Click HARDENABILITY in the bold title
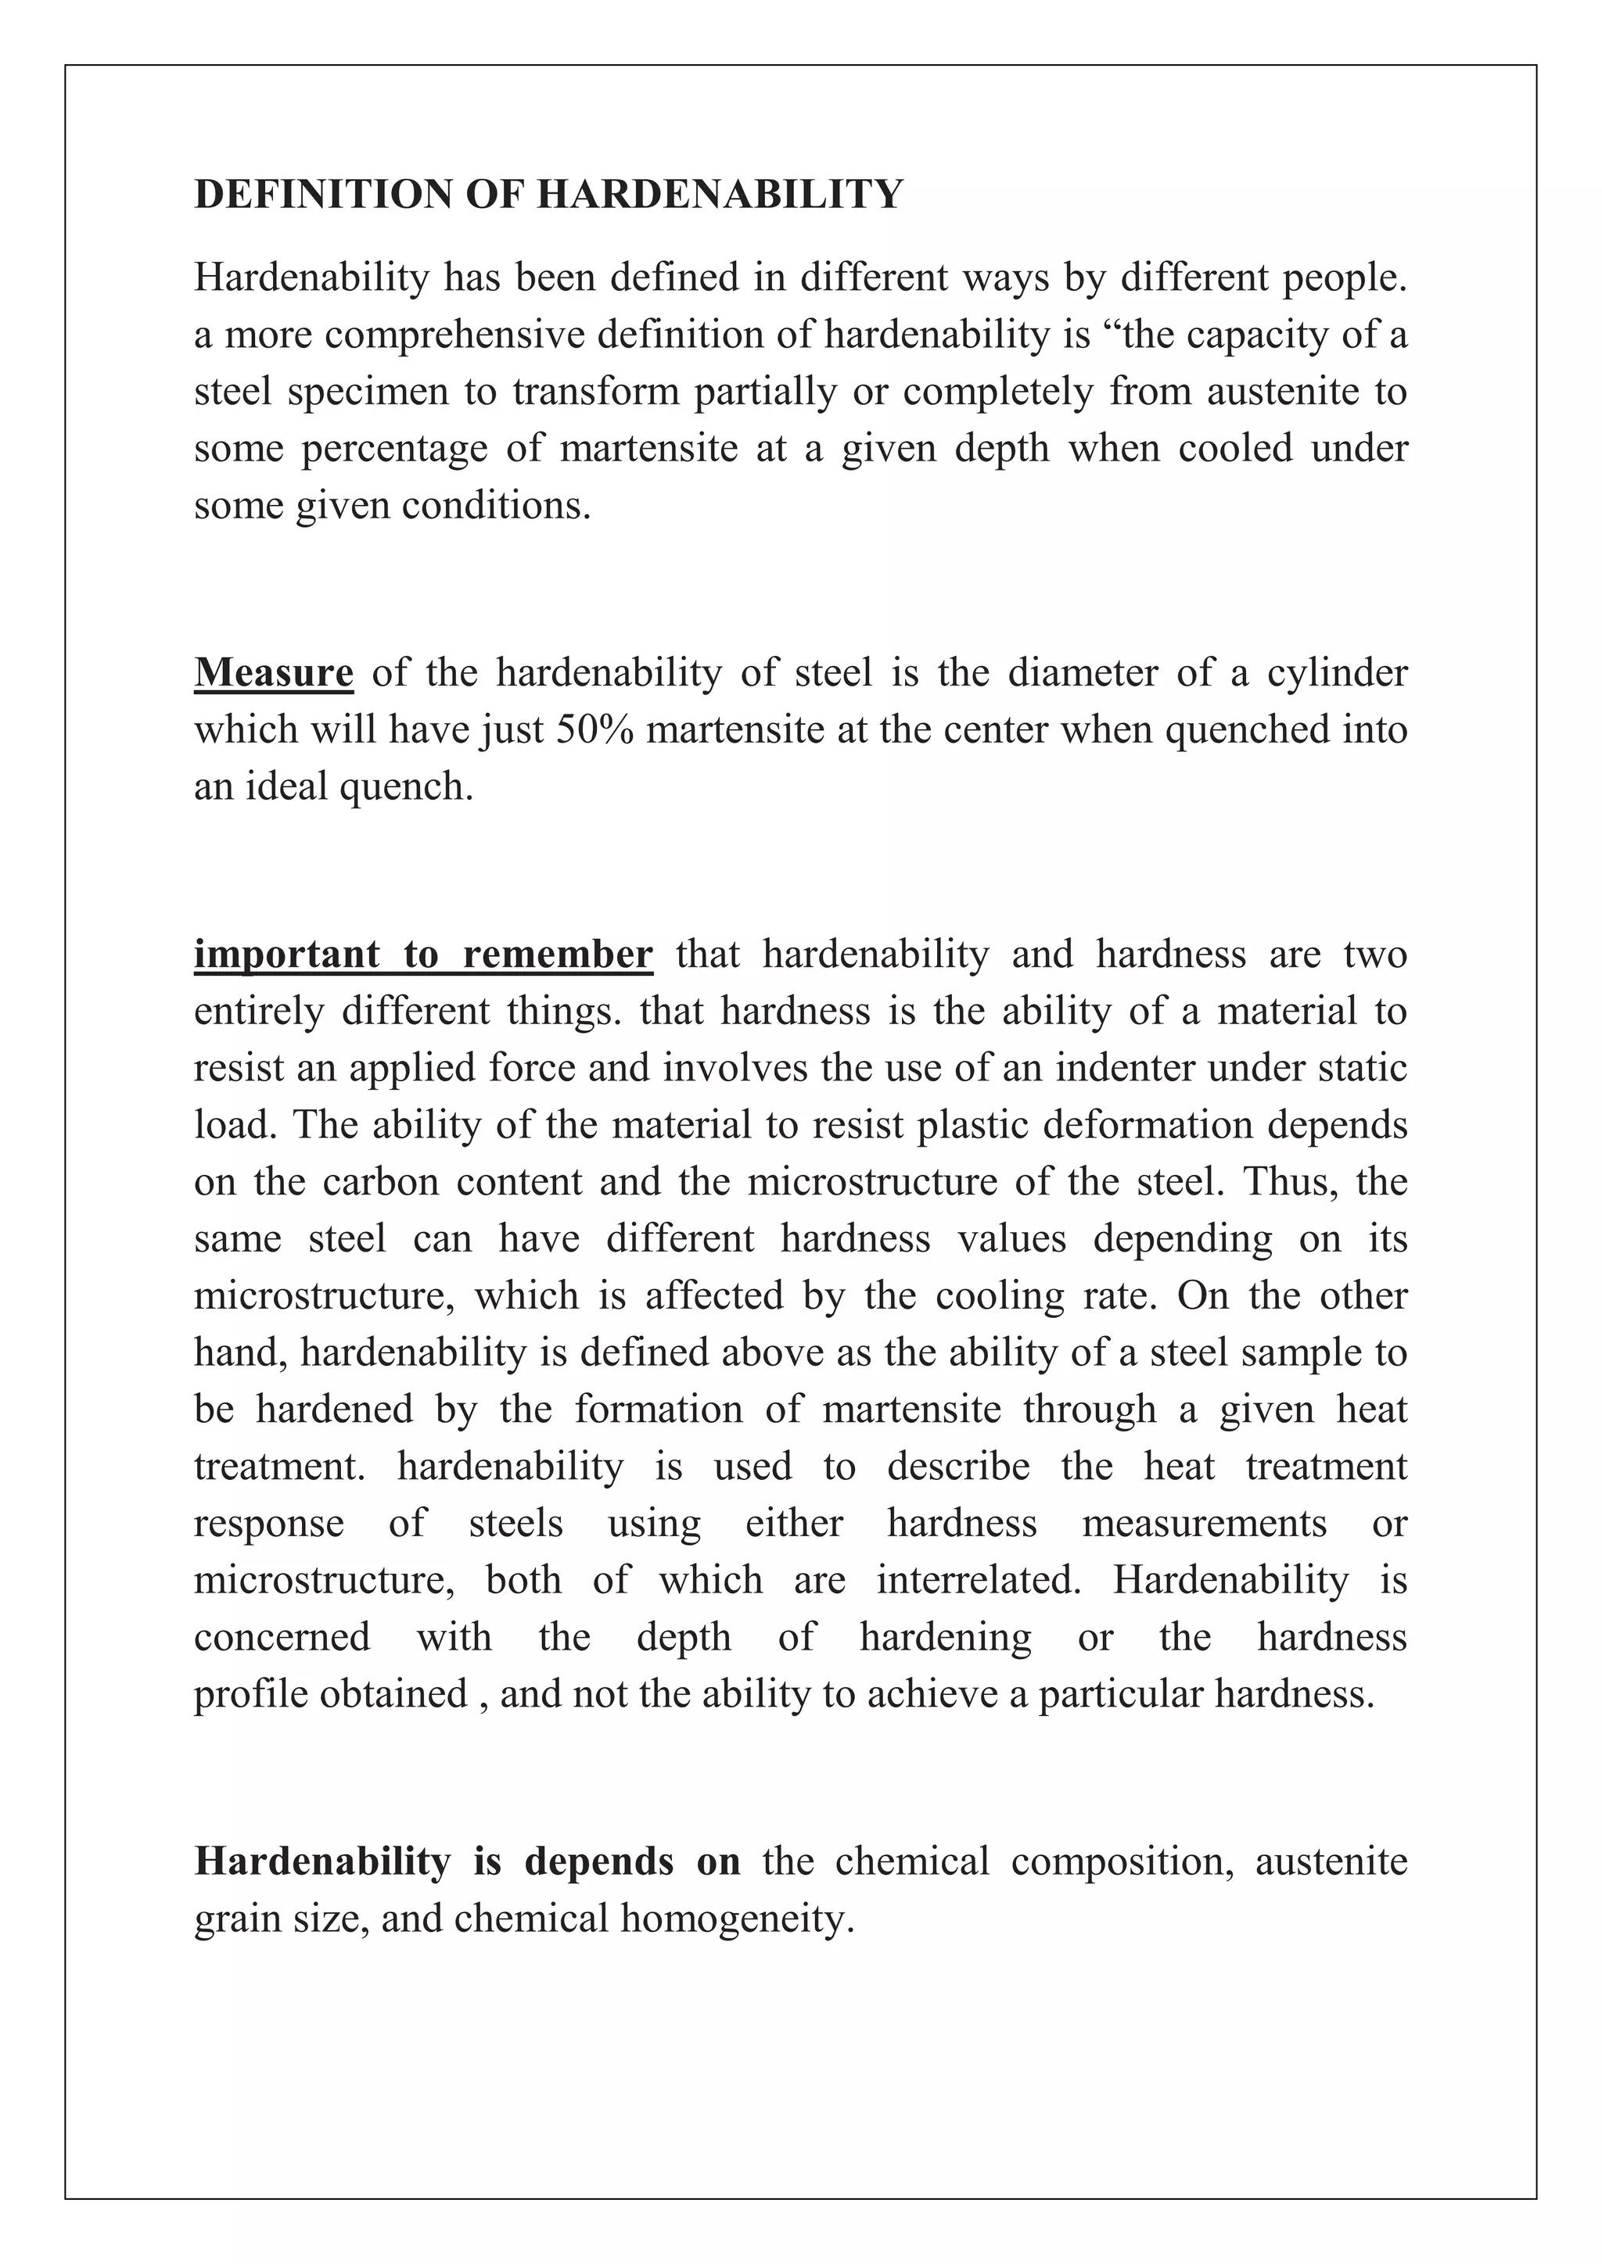click(720, 194)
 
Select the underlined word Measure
click(273, 672)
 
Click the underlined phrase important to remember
click(423, 955)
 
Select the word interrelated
click(978, 1580)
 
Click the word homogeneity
click(737, 1919)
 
